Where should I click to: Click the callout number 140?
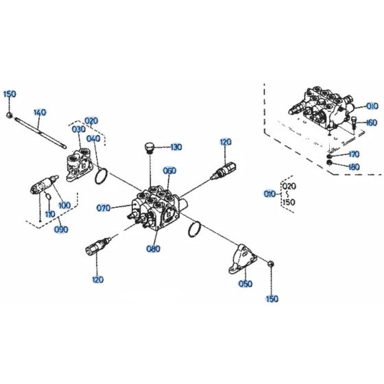point(39,112)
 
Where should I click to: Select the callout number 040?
point(93,138)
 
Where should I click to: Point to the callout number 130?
point(176,147)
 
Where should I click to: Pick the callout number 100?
point(64,205)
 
